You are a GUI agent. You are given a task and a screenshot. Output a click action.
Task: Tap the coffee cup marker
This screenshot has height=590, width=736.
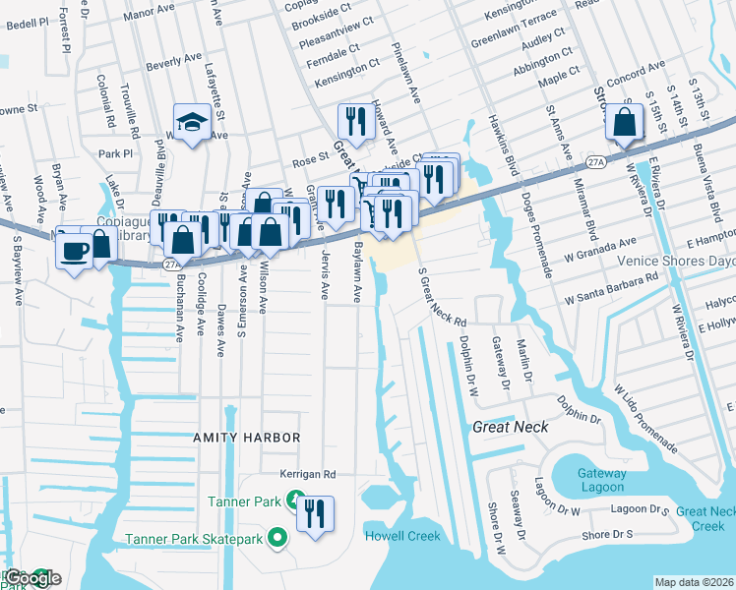point(74,250)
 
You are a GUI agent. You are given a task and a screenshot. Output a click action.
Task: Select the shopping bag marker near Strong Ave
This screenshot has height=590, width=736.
point(625,124)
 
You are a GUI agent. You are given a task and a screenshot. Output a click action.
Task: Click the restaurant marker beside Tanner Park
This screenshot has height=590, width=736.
point(315,513)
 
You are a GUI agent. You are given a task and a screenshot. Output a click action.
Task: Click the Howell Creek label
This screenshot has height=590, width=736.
point(402,536)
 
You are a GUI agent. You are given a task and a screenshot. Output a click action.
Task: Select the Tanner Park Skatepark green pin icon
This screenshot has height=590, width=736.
point(278,538)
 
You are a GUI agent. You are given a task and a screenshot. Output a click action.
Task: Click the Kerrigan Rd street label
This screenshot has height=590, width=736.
point(307,474)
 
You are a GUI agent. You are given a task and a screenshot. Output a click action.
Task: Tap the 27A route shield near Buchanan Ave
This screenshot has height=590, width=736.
point(171,264)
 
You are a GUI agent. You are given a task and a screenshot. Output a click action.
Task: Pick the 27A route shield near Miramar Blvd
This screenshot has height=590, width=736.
point(595,161)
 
